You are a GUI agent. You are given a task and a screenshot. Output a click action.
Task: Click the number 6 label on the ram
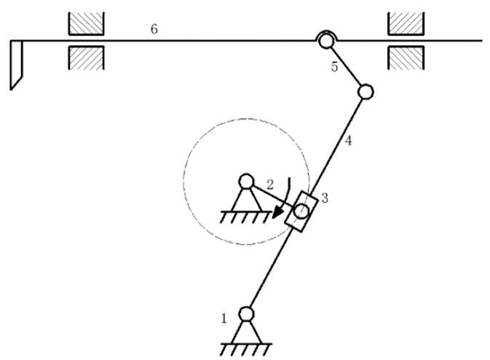(x=154, y=29)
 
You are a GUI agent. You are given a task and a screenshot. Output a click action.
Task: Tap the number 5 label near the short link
(x=335, y=67)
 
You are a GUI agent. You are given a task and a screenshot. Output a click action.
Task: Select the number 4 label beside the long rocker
(x=349, y=141)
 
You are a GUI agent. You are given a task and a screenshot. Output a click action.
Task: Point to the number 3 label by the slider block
(x=325, y=198)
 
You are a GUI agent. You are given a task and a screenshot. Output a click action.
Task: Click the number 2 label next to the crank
(x=270, y=184)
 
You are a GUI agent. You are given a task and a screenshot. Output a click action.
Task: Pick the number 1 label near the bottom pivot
(x=224, y=318)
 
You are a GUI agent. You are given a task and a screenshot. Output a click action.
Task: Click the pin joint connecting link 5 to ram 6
(x=325, y=41)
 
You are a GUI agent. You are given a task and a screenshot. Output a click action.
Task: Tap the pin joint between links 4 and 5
(x=365, y=92)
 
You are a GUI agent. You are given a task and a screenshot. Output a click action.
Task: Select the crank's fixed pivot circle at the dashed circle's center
(x=246, y=181)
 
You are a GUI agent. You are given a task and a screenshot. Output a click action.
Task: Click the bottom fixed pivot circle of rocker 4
(x=246, y=313)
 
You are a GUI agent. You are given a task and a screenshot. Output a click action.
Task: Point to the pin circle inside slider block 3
(x=301, y=211)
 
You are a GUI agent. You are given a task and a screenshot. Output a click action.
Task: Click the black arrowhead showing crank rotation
(x=277, y=213)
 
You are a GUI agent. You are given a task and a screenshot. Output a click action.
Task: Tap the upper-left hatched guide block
(x=86, y=23)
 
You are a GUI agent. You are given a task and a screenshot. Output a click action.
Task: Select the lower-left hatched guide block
(x=86, y=58)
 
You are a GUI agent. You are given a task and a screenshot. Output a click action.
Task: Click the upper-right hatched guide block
(x=406, y=23)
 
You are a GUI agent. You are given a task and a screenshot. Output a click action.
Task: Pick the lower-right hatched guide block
(x=406, y=58)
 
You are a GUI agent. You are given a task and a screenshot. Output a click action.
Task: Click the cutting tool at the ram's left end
(x=16, y=65)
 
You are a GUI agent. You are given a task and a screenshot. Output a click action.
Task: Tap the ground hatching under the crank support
(x=245, y=217)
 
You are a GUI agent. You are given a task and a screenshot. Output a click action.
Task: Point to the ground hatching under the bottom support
(x=245, y=350)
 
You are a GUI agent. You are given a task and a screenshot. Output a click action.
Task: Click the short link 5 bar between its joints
(x=346, y=66)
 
